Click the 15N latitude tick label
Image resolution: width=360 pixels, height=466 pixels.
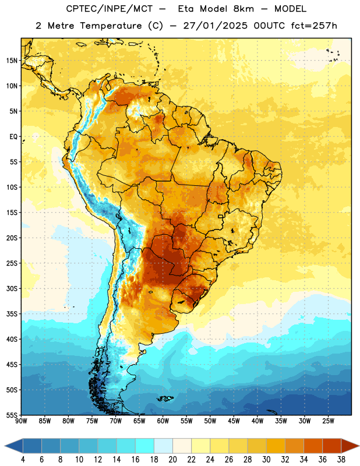click(12, 61)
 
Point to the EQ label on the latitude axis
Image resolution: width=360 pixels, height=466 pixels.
click(13, 137)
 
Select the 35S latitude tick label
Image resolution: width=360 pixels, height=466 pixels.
click(12, 314)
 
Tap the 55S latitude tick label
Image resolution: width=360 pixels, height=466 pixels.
click(12, 415)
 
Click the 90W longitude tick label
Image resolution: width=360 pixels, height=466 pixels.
click(21, 421)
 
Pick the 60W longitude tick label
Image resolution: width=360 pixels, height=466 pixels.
click(163, 421)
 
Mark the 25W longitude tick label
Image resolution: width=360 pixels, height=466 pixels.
click(328, 421)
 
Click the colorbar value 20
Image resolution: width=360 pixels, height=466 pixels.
click(172, 460)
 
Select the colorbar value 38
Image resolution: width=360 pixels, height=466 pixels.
click(341, 460)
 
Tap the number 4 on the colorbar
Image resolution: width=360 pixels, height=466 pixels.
click(23, 460)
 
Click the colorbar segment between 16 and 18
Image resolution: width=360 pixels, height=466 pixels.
click(145, 446)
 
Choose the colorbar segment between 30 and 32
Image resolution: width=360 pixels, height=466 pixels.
click(276, 446)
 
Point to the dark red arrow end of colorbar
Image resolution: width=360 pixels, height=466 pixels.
click(350, 446)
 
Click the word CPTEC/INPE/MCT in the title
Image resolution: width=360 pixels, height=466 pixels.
click(109, 9)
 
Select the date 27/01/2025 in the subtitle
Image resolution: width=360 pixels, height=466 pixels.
click(215, 26)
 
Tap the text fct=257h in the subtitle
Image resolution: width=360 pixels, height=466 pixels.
click(314, 26)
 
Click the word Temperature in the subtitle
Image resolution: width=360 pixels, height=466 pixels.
click(111, 26)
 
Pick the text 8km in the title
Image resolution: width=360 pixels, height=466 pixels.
click(243, 9)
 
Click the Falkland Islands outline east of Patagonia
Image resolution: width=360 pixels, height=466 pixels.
click(165, 398)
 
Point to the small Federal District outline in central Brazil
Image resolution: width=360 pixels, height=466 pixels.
click(221, 216)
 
